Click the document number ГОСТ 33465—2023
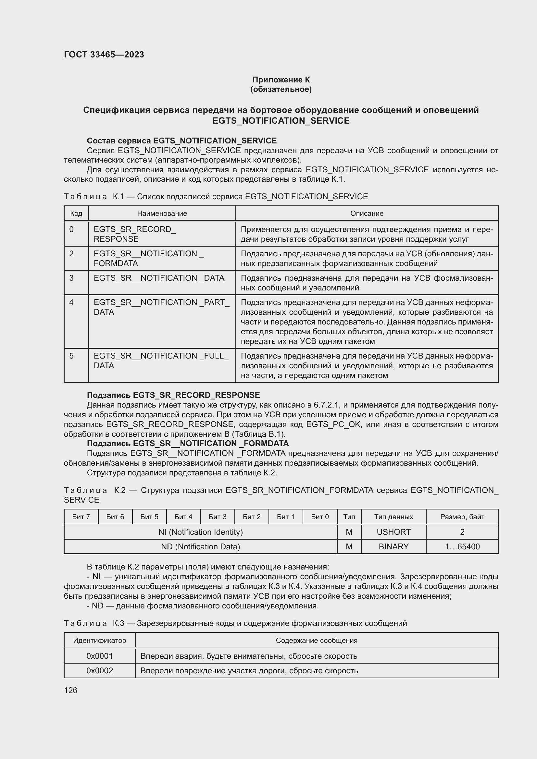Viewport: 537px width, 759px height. [x=104, y=55]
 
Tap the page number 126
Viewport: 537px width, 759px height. [x=70, y=690]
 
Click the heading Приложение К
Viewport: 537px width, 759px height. [x=281, y=80]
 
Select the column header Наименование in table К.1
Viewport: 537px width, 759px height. [x=162, y=214]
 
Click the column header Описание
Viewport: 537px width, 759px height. [x=367, y=214]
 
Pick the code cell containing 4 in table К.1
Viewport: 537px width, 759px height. [x=72, y=302]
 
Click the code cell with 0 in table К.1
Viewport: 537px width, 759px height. [x=72, y=229]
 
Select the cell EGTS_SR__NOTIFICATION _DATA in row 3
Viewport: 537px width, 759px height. [x=159, y=278]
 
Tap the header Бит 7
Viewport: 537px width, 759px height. [x=81, y=517]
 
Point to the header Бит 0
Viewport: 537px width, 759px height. [x=320, y=517]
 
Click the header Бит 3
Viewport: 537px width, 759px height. [x=217, y=517]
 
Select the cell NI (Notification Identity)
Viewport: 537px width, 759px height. [x=200, y=532]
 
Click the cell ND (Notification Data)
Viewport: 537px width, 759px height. [x=200, y=546]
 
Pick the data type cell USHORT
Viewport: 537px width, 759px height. [x=393, y=532]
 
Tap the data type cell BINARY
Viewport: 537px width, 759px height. [x=393, y=546]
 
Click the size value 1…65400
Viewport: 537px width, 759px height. [x=462, y=546]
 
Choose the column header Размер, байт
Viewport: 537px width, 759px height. [x=462, y=517]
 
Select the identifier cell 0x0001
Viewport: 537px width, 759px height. [x=100, y=656]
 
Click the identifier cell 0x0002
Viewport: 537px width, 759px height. [x=100, y=670]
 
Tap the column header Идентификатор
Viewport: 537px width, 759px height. [x=100, y=640]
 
